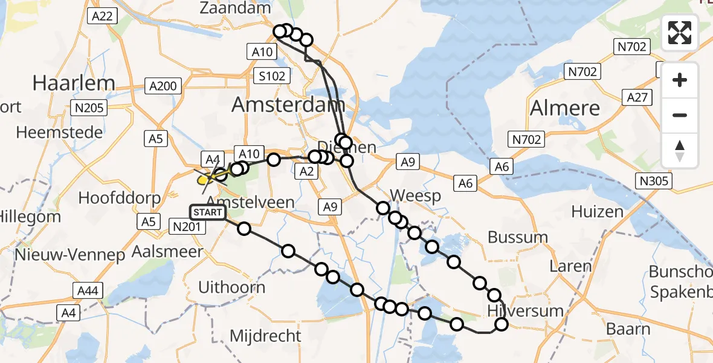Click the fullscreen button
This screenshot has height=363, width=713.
click(x=680, y=33)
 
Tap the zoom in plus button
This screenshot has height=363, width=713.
click(x=680, y=80)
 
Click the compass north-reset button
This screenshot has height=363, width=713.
click(x=680, y=151)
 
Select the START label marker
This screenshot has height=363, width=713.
click(x=208, y=212)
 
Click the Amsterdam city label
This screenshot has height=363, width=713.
click(x=288, y=105)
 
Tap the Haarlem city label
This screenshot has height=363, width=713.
click(x=74, y=83)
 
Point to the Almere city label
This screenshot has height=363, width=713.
click(x=565, y=108)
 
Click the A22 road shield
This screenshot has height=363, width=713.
click(x=101, y=16)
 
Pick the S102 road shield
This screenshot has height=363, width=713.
click(x=273, y=76)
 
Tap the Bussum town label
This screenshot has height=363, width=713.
click(x=517, y=237)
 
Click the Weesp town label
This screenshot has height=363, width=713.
click(x=416, y=196)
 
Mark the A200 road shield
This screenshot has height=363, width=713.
click(x=163, y=86)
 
